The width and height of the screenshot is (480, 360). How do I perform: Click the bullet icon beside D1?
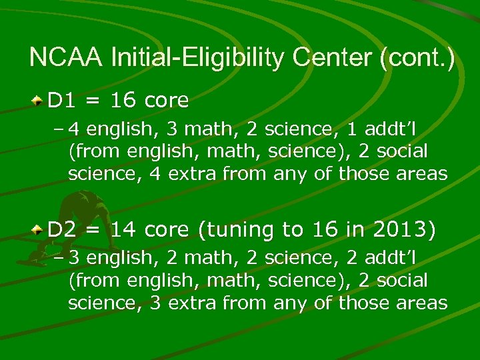(39, 101)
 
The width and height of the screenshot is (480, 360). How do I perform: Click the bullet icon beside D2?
(39, 231)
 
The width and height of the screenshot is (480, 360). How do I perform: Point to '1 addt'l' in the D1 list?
(380, 128)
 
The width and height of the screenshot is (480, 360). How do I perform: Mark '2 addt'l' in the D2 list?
(380, 258)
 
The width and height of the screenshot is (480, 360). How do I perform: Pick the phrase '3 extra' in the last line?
(179, 303)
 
